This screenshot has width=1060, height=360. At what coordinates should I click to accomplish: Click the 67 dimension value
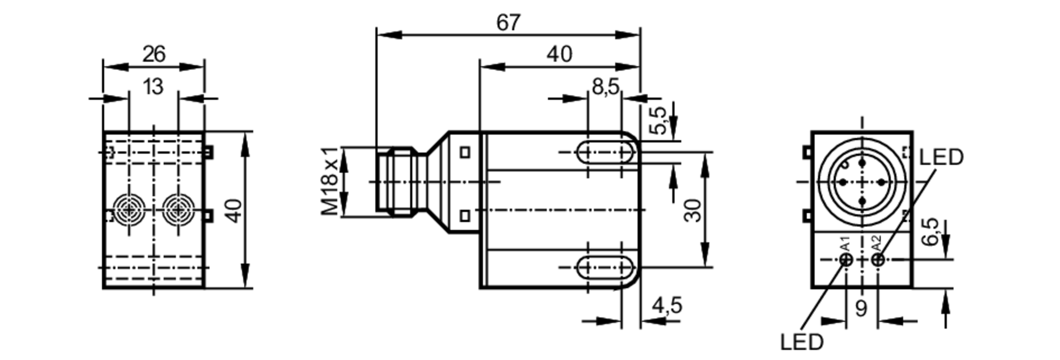[x=508, y=23]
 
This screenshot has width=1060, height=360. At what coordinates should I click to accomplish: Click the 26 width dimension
[x=154, y=54]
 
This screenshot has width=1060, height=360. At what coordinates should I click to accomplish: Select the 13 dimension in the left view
[x=153, y=86]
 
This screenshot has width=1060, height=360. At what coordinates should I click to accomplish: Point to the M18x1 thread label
[x=330, y=181]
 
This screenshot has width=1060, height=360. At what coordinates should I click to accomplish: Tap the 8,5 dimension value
[x=606, y=86]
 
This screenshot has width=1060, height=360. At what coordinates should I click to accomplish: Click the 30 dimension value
[x=693, y=210]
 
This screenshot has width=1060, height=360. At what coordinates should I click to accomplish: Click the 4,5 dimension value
[x=667, y=305]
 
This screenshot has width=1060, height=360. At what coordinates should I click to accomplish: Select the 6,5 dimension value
[x=930, y=232]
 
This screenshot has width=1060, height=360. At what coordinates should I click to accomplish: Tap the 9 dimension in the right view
[x=861, y=309]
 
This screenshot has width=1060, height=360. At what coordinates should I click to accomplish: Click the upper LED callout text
[x=941, y=157]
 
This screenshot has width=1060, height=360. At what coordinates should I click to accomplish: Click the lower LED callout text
[x=802, y=342]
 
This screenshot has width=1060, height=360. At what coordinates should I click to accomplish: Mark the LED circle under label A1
[x=846, y=259]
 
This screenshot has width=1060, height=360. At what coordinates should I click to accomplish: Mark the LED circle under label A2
[x=878, y=259]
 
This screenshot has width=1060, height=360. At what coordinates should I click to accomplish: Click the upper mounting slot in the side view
[x=605, y=152]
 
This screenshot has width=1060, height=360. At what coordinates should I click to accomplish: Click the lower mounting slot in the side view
[x=605, y=267]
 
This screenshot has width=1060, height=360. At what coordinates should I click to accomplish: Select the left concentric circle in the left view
[x=128, y=210]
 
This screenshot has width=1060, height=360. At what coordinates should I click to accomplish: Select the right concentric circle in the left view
[x=178, y=210]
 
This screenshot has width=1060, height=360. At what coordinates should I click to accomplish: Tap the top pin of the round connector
[x=862, y=162]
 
